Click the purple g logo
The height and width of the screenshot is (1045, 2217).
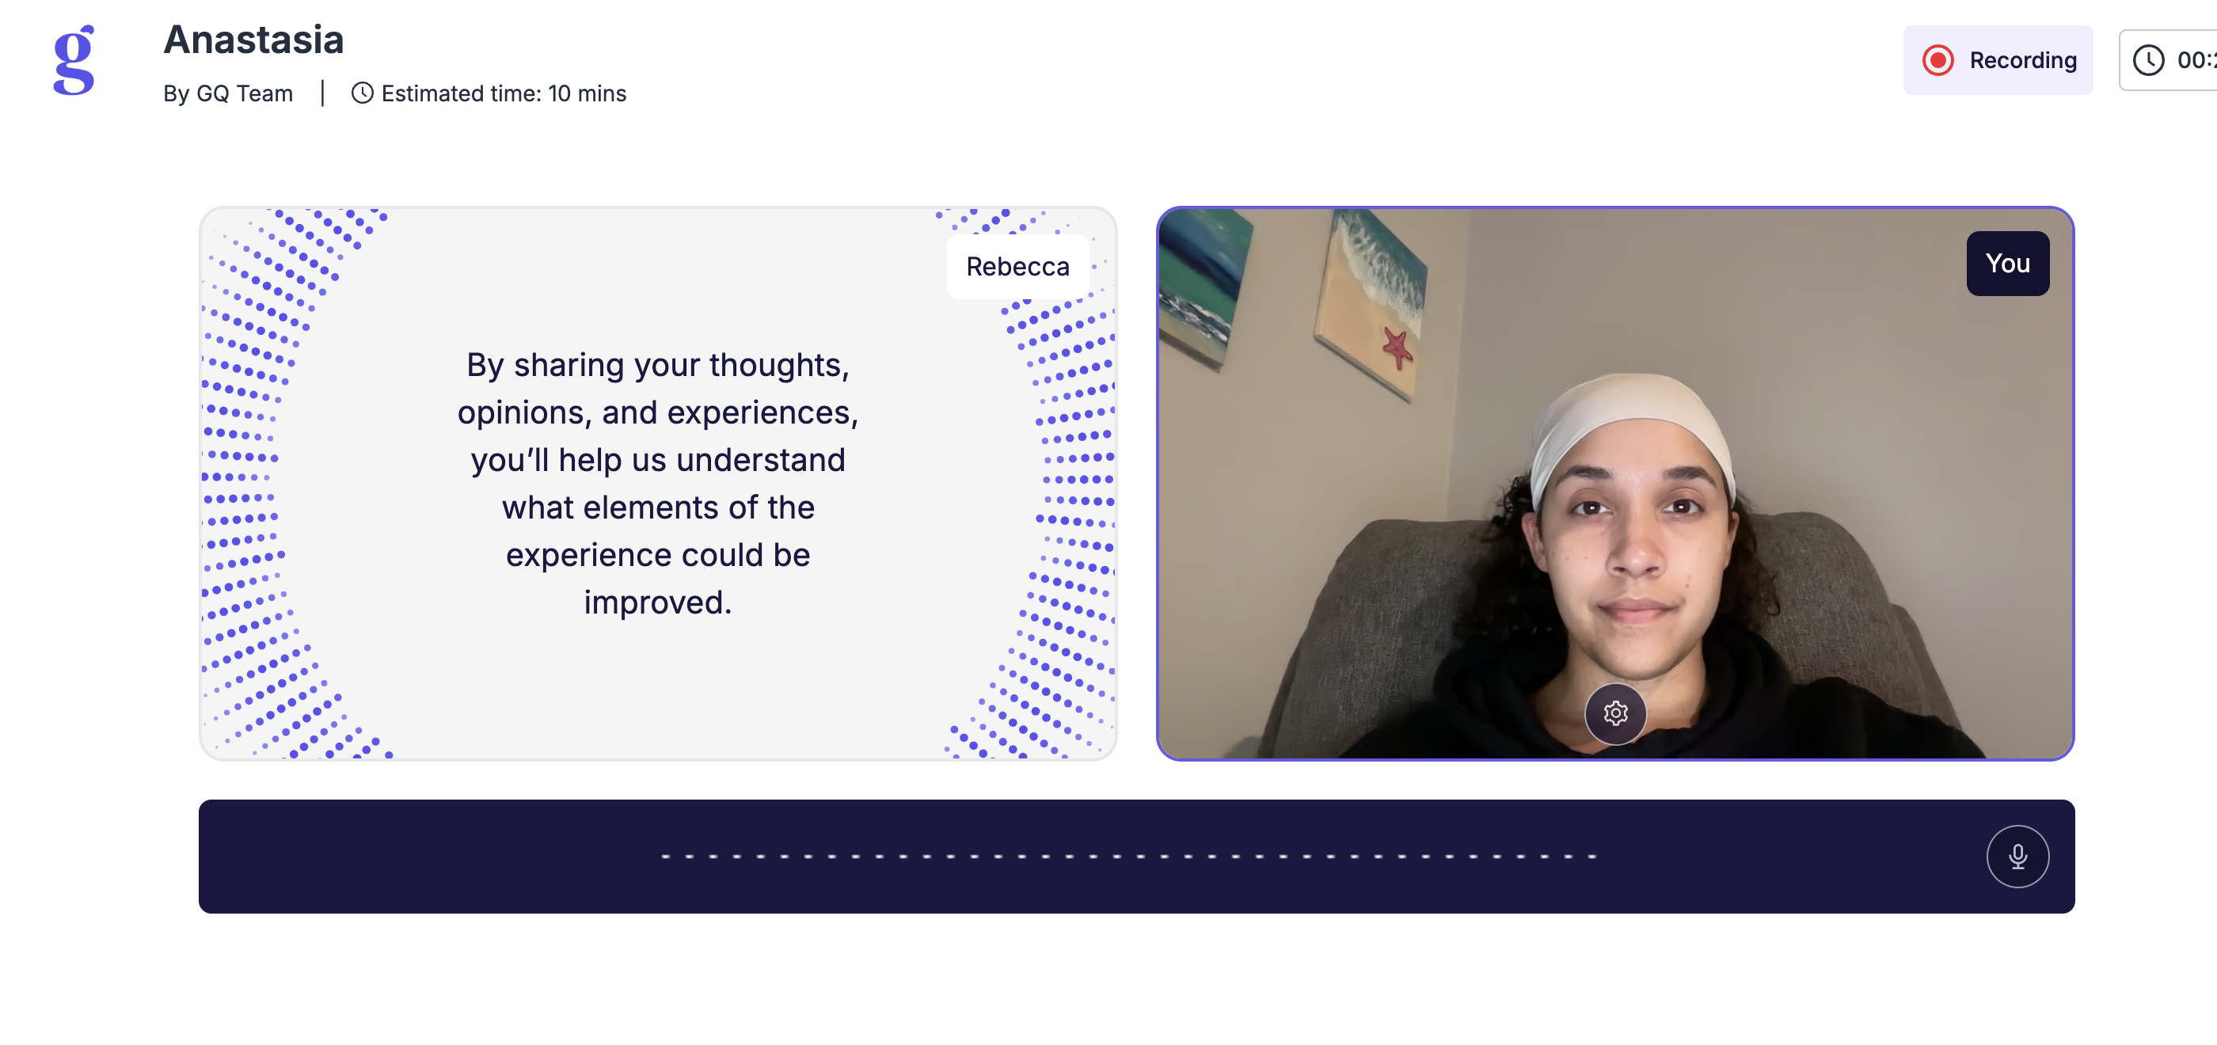74,59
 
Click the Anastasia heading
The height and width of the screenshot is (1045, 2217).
254,40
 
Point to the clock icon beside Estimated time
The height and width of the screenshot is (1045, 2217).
363,93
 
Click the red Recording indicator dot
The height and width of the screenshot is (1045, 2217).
1937,60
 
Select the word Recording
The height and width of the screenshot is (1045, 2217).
2022,60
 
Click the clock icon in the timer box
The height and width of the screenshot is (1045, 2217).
2148,60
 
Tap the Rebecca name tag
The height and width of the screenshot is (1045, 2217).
1017,267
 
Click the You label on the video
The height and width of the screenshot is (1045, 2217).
2007,264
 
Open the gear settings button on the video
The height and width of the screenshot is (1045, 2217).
1615,712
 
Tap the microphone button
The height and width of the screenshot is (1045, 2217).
2017,857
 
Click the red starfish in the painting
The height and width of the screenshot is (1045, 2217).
1398,347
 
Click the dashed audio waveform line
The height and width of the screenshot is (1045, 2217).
1128,857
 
